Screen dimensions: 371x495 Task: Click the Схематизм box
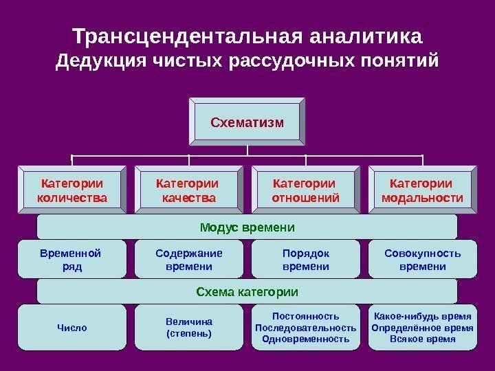click(247, 122)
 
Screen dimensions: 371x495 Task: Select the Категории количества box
click(72, 191)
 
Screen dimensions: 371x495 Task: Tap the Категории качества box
click(188, 191)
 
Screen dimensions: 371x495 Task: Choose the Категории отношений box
click(305, 191)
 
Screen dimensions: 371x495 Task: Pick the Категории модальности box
click(422, 191)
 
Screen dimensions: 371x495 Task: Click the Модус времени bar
click(247, 227)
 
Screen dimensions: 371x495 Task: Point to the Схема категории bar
click(247, 292)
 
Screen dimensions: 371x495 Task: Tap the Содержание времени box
click(188, 259)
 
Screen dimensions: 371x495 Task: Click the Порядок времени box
click(305, 259)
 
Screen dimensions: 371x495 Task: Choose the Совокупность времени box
click(422, 259)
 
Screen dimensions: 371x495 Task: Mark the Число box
click(72, 328)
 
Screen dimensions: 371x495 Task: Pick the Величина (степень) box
click(188, 328)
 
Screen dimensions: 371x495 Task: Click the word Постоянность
click(305, 316)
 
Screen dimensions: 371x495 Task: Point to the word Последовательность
click(305, 328)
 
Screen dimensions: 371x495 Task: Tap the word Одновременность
click(305, 339)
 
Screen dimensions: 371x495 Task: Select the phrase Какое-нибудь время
click(422, 316)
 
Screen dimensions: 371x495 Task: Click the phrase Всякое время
click(422, 339)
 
